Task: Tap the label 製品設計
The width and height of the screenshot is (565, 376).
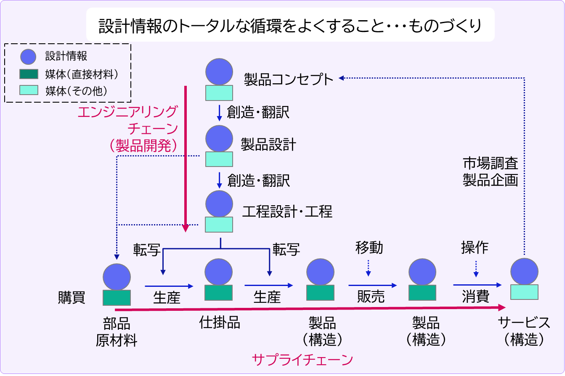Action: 268,145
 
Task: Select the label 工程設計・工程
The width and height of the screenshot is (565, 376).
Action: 287,211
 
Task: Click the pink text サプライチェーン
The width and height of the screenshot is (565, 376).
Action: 302,360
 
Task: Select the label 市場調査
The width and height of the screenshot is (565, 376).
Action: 490,163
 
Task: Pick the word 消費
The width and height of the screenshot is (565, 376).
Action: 475,297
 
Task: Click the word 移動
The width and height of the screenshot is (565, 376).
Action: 369,248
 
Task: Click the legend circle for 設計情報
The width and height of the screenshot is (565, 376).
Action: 28,56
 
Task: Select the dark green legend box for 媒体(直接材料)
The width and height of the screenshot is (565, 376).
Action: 29,74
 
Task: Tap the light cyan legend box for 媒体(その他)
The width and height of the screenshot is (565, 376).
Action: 29,90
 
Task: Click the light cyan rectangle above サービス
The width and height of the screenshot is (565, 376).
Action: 524,291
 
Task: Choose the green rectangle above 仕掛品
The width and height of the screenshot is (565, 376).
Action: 218,293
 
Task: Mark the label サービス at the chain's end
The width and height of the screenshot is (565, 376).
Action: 524,323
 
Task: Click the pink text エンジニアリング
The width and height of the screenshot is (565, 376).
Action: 127,112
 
